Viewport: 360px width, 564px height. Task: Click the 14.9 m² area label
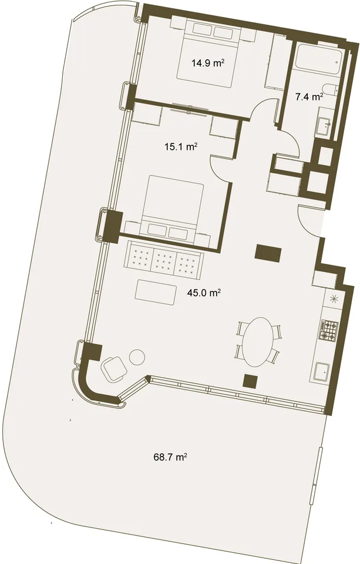point(208,63)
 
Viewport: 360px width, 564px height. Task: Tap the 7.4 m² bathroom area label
point(309,96)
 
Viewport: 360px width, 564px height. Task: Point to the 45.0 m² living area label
point(204,293)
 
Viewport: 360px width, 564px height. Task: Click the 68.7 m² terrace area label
point(170,457)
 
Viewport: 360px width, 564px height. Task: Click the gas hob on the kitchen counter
point(329,330)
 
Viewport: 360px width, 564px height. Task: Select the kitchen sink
point(321,372)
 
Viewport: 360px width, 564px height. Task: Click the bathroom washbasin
point(325,125)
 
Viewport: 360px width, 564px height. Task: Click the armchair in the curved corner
point(115,369)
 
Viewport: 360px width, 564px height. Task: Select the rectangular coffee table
point(156,290)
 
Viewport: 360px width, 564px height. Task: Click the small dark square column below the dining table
point(250,381)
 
